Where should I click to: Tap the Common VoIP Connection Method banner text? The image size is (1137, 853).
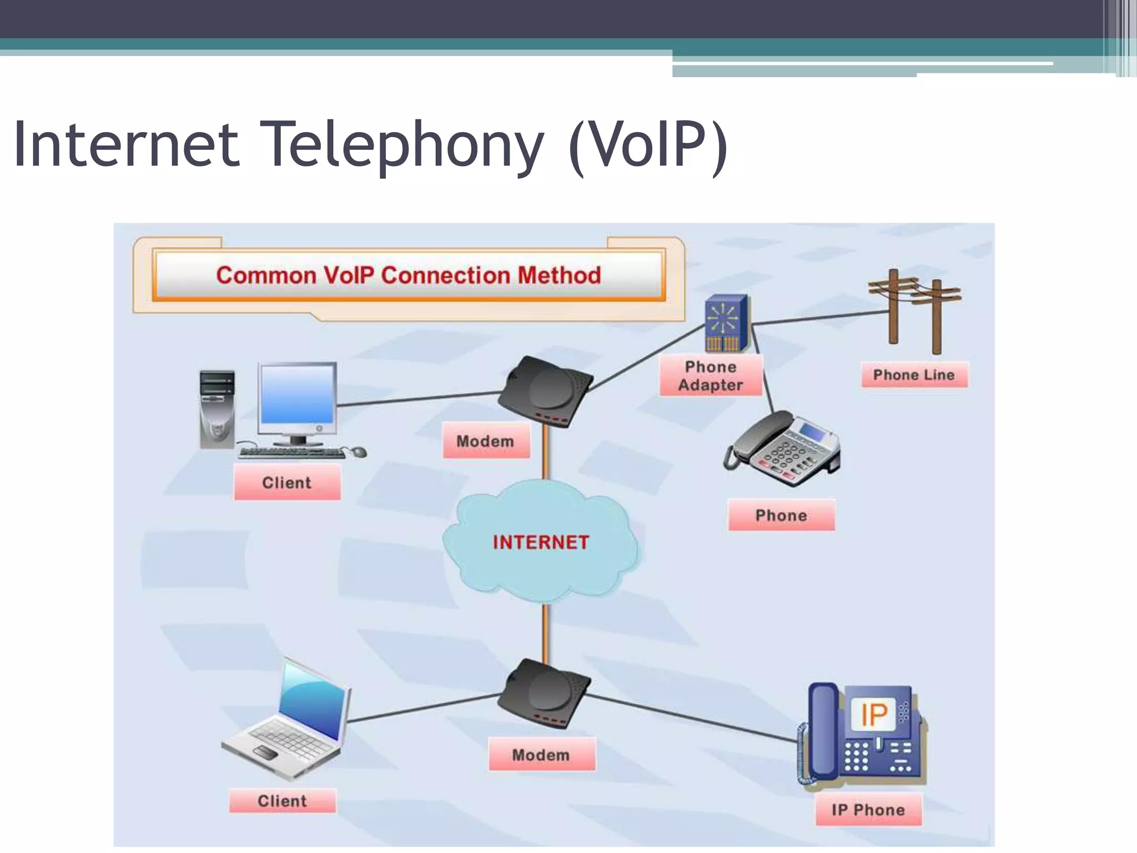pos(409,275)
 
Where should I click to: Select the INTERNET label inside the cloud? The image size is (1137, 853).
pos(541,543)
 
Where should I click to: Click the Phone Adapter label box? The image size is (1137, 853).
pos(711,376)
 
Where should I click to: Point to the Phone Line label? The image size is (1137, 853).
pos(914,375)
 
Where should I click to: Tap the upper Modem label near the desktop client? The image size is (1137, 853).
pos(485,441)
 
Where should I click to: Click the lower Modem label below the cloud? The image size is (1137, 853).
pos(541,755)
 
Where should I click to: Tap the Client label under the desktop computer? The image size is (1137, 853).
pos(286,483)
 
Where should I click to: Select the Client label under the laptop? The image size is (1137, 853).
pos(282,801)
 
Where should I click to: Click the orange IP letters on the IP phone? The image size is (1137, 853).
pos(874,714)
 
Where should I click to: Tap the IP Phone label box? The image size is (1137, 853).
pos(868,810)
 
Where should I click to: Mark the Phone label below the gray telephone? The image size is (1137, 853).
pos(781,515)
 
